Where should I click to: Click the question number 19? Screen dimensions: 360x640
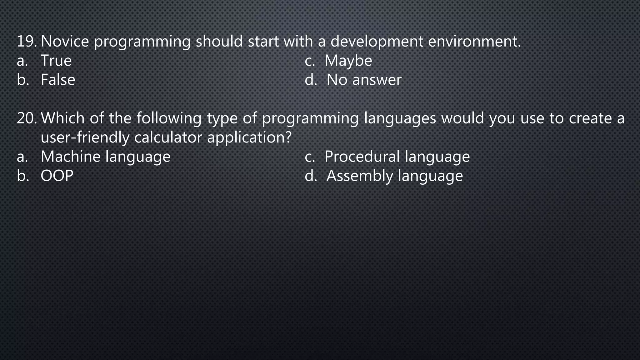coord(27,42)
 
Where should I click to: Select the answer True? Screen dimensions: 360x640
coord(56,61)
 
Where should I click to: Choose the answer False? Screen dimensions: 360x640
coord(58,80)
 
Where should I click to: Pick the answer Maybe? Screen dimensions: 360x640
coord(348,61)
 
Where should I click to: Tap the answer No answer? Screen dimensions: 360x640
coord(364,80)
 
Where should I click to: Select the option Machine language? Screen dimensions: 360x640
coord(106,157)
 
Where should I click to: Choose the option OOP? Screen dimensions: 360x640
coord(57,176)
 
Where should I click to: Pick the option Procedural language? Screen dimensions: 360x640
coord(397,157)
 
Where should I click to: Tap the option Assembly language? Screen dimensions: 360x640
coord(394,176)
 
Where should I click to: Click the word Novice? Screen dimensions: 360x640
coord(65,42)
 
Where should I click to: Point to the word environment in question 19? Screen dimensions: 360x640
coord(474,42)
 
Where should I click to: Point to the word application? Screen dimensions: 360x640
coord(249,137)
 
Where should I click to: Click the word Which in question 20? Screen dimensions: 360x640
coord(62,118)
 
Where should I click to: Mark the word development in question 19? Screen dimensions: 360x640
coord(377,42)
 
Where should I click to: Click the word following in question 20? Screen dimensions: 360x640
coord(169,118)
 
